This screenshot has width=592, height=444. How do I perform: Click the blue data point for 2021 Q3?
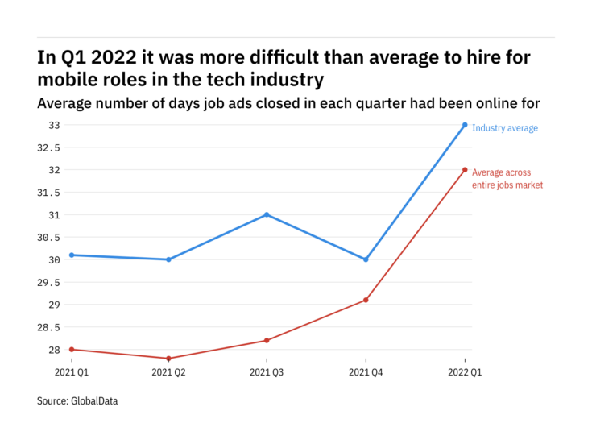coord(267,214)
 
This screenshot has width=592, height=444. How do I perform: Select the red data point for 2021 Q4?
coord(366,300)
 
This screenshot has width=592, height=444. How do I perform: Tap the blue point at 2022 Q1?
coord(465,125)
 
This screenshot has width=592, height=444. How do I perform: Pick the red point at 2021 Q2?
coord(168,358)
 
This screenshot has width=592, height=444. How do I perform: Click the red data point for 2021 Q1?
coord(70,349)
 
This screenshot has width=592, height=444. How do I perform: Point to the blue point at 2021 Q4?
coord(366,259)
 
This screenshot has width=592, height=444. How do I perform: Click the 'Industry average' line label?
coord(504,128)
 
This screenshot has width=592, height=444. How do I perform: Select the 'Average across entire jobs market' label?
coord(507,179)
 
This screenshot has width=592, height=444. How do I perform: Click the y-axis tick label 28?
coord(53,350)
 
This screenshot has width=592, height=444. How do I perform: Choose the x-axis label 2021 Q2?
coord(168,372)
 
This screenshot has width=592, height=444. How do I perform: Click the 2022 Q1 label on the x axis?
coord(465,372)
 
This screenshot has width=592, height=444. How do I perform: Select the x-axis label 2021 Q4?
coord(366,372)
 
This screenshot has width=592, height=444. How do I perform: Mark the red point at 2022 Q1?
coord(465,169)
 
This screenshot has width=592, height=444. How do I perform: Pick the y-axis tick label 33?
coord(53,125)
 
